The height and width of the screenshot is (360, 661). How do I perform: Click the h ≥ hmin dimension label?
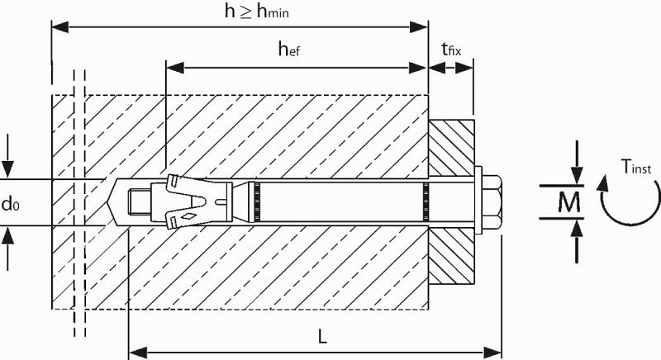pyautogui.click(x=257, y=11)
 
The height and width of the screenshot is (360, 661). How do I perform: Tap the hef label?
pyautogui.click(x=289, y=50)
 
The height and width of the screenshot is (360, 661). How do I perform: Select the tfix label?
pyautogui.click(x=451, y=50)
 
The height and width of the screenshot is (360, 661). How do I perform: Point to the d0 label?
pyautogui.click(x=11, y=204)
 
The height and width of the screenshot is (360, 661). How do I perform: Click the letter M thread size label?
pyautogui.click(x=568, y=202)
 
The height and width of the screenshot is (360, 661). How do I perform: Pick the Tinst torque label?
pyautogui.click(x=636, y=167)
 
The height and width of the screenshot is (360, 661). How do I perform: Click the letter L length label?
pyautogui.click(x=322, y=336)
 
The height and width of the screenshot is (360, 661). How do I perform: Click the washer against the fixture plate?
pyautogui.click(x=478, y=200)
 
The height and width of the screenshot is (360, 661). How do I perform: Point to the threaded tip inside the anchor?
pyautogui.click(x=138, y=201)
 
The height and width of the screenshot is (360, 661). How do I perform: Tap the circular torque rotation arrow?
pyautogui.click(x=628, y=201)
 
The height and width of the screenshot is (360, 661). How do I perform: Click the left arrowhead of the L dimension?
pyautogui.click(x=137, y=353)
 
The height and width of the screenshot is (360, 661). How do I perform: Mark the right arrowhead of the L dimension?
pyautogui.click(x=492, y=353)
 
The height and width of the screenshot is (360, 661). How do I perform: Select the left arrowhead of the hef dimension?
pyautogui.click(x=175, y=67)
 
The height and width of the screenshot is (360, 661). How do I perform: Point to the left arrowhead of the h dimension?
pyautogui.click(x=60, y=27)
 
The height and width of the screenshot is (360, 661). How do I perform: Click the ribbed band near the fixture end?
pyautogui.click(x=426, y=201)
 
